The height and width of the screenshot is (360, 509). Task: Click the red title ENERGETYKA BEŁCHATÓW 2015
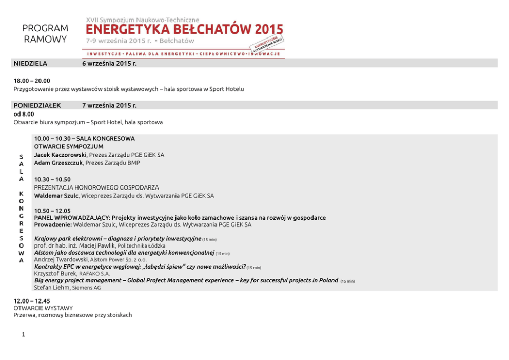coord(184,29)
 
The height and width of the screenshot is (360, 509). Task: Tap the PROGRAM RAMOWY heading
coord(45,34)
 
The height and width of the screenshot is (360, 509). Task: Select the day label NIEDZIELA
coord(30,63)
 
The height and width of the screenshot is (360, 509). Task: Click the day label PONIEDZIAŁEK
coord(37,105)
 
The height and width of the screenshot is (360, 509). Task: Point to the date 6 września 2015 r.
coord(109,63)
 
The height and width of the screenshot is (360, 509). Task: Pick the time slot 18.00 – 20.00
coord(32,81)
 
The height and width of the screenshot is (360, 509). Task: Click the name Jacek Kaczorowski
coord(61,155)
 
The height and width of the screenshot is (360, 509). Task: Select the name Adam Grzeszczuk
coord(58,163)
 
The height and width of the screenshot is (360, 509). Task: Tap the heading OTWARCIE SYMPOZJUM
coord(69,146)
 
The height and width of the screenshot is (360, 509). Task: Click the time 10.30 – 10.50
coord(52,179)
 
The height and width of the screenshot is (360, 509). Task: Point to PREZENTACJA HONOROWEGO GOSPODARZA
coord(96,187)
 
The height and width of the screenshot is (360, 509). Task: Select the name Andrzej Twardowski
coord(61,260)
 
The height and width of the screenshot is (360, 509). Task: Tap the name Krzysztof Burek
coord(55,274)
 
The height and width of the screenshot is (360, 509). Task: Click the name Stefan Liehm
coord(51,288)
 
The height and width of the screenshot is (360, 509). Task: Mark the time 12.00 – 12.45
coord(32,300)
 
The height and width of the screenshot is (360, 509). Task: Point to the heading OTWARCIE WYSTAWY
coord(43,308)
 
